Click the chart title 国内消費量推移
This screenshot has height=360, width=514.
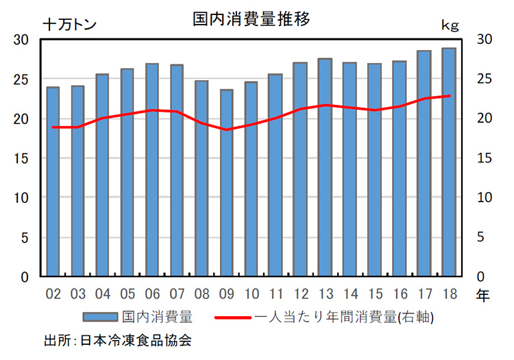[x=252, y=19]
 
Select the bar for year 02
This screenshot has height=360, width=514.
[x=53, y=182]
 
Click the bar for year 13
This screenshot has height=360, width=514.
[x=325, y=168]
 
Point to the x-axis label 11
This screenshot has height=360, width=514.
[x=275, y=295]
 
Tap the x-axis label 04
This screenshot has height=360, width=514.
[x=102, y=295]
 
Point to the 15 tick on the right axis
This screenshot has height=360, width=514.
[x=484, y=158]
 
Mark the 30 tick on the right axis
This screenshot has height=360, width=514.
[x=484, y=39]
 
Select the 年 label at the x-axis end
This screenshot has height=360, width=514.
[x=482, y=296]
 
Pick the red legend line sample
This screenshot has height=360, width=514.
[x=234, y=317]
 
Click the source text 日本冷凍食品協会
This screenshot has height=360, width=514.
[x=135, y=340]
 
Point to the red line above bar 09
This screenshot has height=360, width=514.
[x=226, y=130]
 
